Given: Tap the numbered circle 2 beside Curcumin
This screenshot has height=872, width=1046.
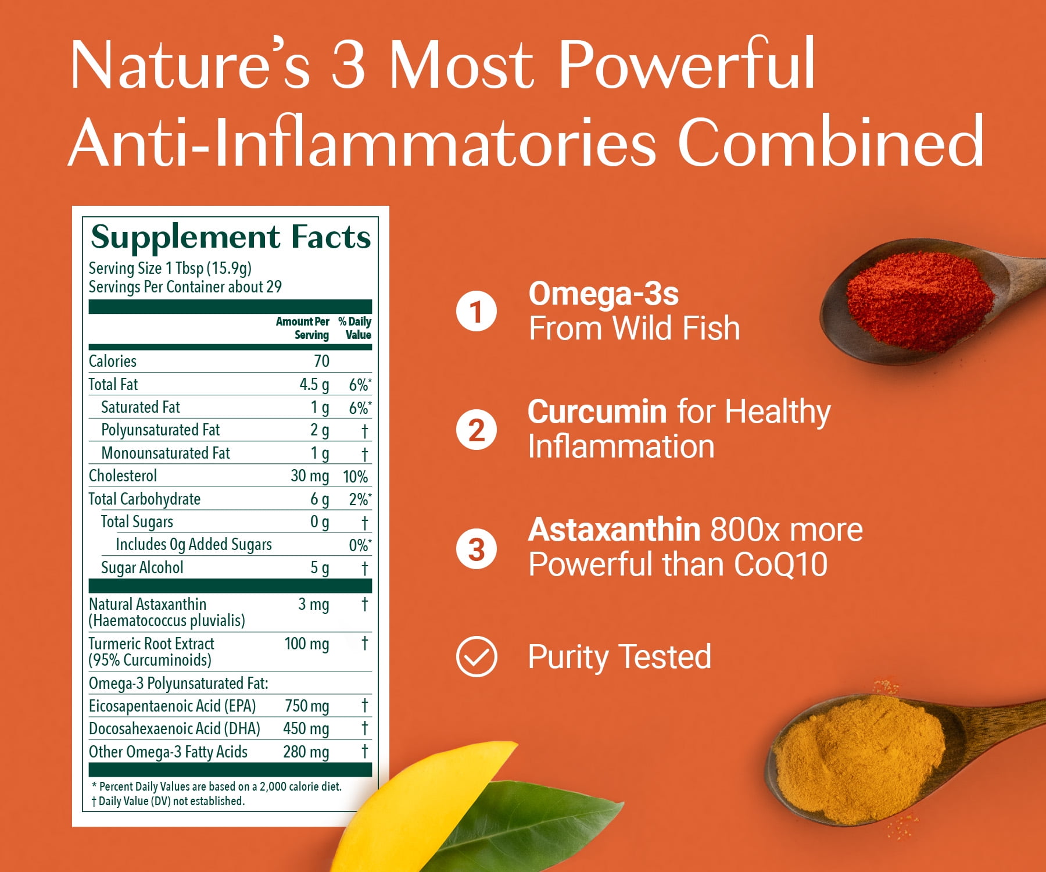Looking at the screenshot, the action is click(x=477, y=430).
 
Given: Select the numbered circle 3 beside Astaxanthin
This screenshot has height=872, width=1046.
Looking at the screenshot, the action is click(x=477, y=549).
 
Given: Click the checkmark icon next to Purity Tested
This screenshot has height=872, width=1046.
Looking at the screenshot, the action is click(x=477, y=657).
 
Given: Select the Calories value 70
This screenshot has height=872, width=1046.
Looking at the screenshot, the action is click(x=321, y=361).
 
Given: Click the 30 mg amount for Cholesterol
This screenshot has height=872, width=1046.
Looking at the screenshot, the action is click(x=310, y=476).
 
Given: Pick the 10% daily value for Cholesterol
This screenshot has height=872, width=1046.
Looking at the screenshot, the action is click(x=355, y=477).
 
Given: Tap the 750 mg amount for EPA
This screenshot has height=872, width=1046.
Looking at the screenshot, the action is click(x=307, y=706).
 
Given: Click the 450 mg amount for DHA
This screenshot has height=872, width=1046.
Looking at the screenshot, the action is click(x=306, y=729).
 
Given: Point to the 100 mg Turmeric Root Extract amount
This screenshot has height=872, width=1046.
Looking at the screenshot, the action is click(x=307, y=644).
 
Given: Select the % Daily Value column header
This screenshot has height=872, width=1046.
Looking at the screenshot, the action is click(x=355, y=328).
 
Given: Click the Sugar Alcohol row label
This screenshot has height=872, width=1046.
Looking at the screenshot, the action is click(x=142, y=568).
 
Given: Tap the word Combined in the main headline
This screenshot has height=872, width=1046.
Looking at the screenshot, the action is click(x=831, y=142).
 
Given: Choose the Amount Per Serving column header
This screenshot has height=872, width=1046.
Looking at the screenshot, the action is click(x=303, y=328).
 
